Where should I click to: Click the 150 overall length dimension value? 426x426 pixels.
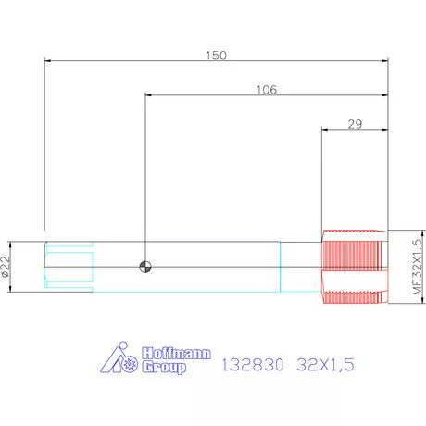pos(216,56)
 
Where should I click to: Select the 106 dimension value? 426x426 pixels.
pos(267,90)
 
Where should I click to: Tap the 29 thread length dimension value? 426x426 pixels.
pos(355,124)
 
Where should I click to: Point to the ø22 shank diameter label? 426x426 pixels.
pos(6,267)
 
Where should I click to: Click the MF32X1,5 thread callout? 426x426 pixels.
pos(417,267)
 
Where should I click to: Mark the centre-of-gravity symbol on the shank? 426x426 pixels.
pos(145,267)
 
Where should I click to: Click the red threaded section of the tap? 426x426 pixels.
pos(355,267)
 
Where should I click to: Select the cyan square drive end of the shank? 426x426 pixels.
pos(69,267)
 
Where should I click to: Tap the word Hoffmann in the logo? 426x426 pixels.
pos(176,353)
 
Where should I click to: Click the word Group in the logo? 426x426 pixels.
pos(164,367)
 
